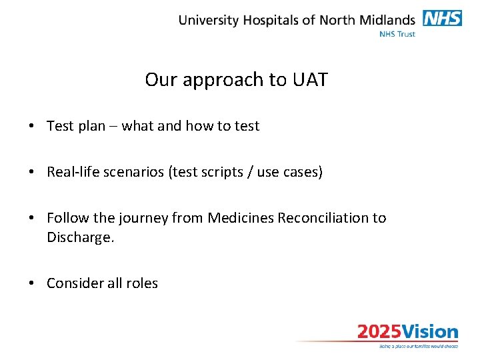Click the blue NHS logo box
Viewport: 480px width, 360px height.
pos(442,19)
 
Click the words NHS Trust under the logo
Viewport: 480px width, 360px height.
pos(397,33)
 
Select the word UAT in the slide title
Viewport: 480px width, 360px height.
pos(310,80)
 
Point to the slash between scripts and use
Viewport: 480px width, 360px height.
pos(257,172)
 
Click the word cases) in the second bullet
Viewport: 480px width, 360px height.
pos(305,172)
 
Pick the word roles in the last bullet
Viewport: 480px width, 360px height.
pos(143,283)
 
